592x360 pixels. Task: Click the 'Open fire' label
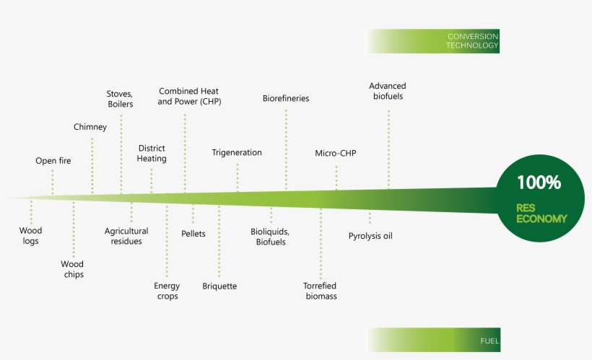[53, 160]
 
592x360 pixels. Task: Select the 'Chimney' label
[90, 127]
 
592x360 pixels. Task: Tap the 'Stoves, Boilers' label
[120, 99]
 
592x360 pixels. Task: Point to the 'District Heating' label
[152, 153]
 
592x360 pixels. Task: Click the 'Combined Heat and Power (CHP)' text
[189, 96]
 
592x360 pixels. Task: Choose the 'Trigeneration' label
[237, 153]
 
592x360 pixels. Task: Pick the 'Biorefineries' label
[286, 98]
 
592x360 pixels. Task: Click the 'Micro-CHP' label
[336, 153]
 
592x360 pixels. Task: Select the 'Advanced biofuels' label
[388, 91]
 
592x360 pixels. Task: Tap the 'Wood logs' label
[31, 236]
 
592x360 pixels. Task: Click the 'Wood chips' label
[72, 269]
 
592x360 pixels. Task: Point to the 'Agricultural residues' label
[126, 236]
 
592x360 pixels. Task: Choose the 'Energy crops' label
[167, 291]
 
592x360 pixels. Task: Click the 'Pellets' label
[193, 234]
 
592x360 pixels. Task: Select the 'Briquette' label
[219, 286]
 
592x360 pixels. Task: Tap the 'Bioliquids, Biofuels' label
[270, 237]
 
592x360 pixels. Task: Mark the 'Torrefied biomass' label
[320, 291]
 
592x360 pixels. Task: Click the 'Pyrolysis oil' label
[370, 236]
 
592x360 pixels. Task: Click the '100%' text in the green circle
[539, 183]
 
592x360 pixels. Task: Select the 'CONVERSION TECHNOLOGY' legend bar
[433, 41]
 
